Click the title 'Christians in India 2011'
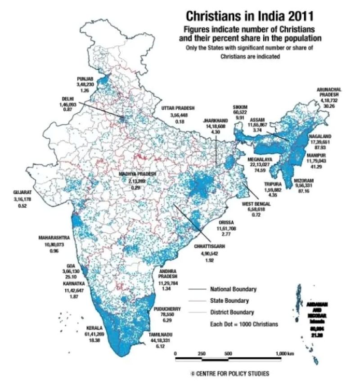pos(243,17)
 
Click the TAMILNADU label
pos(161,335)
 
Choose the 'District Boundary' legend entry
pos(232,312)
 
